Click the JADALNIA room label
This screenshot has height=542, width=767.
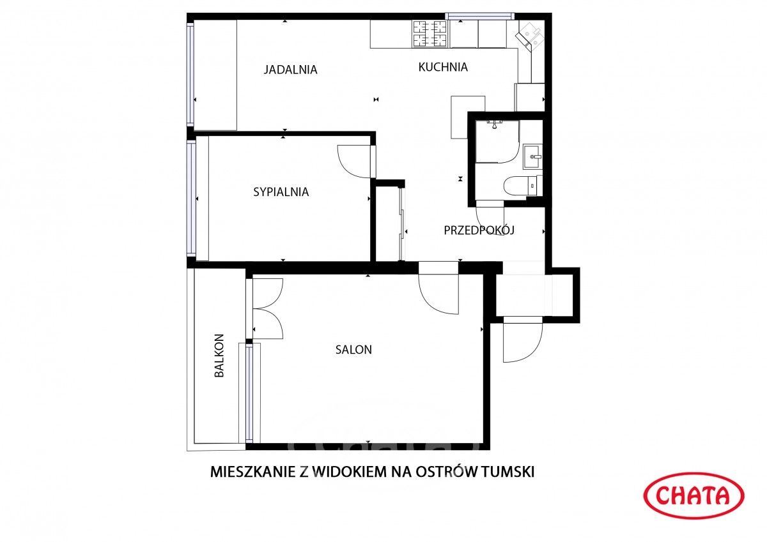(x=290, y=70)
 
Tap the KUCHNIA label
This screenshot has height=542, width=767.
(x=443, y=67)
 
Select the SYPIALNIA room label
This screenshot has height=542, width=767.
(x=281, y=192)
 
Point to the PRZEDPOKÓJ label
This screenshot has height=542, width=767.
(x=479, y=230)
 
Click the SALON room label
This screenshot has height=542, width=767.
(x=353, y=350)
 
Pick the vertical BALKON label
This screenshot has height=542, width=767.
(x=219, y=356)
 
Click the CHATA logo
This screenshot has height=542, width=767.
(x=693, y=495)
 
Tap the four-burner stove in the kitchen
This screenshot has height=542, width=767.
(x=430, y=34)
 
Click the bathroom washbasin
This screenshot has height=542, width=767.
(x=532, y=155)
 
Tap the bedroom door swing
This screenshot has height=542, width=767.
(x=355, y=162)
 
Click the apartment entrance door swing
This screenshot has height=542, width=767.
(x=522, y=342)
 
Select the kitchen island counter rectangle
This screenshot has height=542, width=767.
(x=468, y=117)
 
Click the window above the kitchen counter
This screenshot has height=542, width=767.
(x=480, y=17)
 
